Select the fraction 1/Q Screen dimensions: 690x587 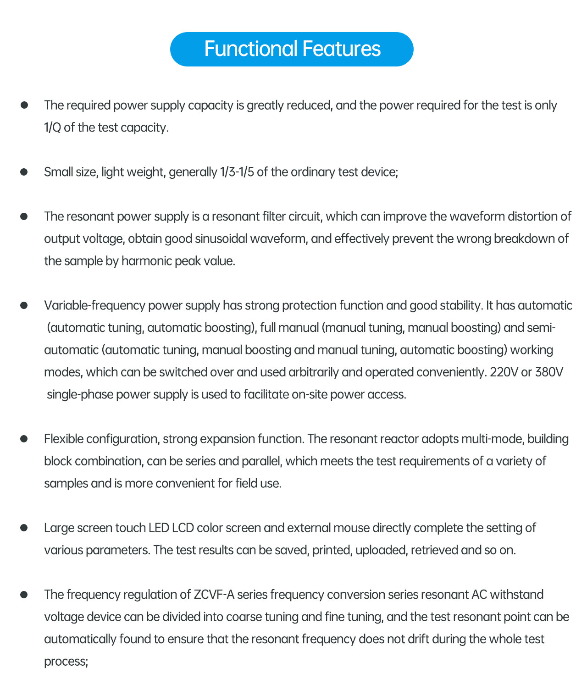pyautogui.click(x=52, y=127)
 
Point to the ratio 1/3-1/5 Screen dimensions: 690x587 pyautogui.click(x=237, y=172)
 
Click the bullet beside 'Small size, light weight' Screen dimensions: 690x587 pyautogui.click(x=24, y=172)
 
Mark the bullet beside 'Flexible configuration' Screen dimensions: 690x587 pyautogui.click(x=24, y=439)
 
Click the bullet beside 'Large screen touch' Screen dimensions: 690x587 pyautogui.click(x=24, y=528)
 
